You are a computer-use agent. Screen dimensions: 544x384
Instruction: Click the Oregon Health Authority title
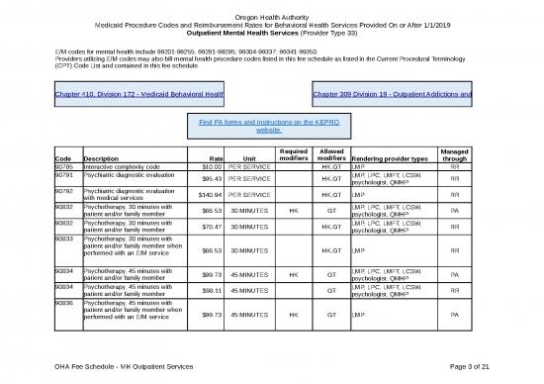271,14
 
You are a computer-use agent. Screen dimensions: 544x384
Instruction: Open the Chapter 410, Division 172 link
139,95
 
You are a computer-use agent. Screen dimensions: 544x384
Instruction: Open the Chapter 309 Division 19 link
392,95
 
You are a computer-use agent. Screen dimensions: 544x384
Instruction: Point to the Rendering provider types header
390,158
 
